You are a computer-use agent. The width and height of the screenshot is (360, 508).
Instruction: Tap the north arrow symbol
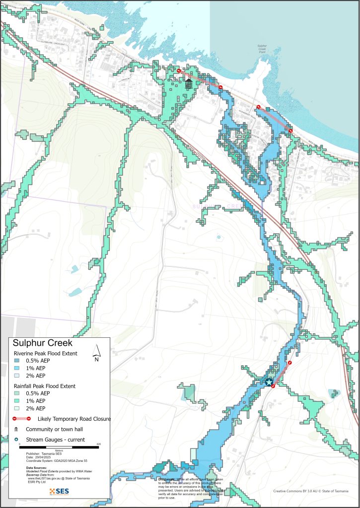tap(97, 354)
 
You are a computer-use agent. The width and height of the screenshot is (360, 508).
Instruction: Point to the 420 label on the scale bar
tap(98, 444)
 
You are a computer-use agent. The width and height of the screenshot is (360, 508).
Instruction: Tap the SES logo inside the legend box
tap(55, 491)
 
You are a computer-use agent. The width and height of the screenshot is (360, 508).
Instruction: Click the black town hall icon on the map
tap(189, 84)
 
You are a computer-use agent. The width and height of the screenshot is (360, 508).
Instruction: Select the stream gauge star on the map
tap(269, 382)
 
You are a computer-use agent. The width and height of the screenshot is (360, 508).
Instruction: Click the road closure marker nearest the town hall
tap(179, 71)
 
